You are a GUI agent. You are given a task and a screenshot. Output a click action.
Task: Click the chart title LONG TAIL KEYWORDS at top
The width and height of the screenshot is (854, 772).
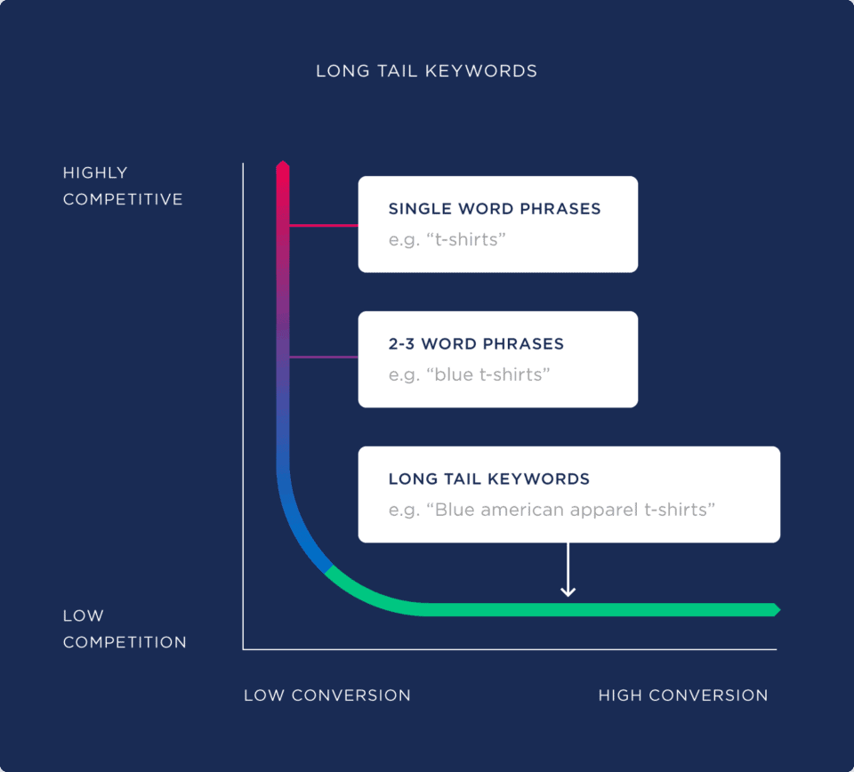426,71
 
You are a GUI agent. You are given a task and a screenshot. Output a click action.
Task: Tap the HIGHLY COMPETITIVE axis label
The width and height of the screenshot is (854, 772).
123,186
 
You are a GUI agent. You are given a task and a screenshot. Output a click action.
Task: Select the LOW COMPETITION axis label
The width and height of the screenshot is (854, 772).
125,629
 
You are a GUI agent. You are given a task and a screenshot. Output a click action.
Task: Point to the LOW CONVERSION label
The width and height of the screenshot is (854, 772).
327,696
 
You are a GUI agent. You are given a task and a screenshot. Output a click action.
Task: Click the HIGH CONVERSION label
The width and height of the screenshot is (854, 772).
682,696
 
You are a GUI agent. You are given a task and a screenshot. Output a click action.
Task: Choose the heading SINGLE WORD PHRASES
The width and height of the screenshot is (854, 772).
495,209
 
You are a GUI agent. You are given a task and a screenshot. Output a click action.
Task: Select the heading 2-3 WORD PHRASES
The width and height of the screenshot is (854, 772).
476,344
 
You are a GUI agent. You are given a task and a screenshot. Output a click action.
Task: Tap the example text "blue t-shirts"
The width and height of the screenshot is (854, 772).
470,374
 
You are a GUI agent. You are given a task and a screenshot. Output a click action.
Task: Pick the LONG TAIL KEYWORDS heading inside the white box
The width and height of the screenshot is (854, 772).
488,479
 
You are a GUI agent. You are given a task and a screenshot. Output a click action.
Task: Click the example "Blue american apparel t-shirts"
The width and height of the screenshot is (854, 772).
552,510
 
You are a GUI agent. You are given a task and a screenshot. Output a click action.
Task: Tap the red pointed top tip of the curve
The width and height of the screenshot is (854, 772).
283,165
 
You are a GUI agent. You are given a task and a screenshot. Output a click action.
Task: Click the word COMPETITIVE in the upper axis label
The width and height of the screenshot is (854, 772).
123,199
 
